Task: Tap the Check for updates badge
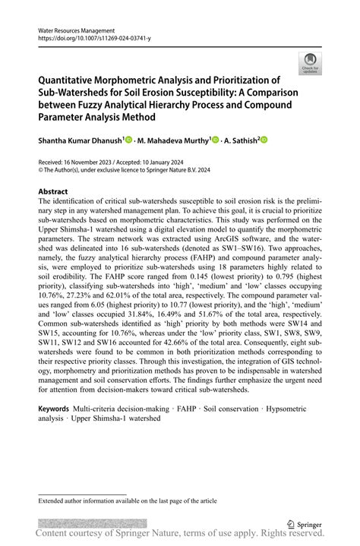click(x=309, y=63)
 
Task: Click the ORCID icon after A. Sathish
click(x=265, y=140)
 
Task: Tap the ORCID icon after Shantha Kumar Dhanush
click(x=129, y=140)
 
